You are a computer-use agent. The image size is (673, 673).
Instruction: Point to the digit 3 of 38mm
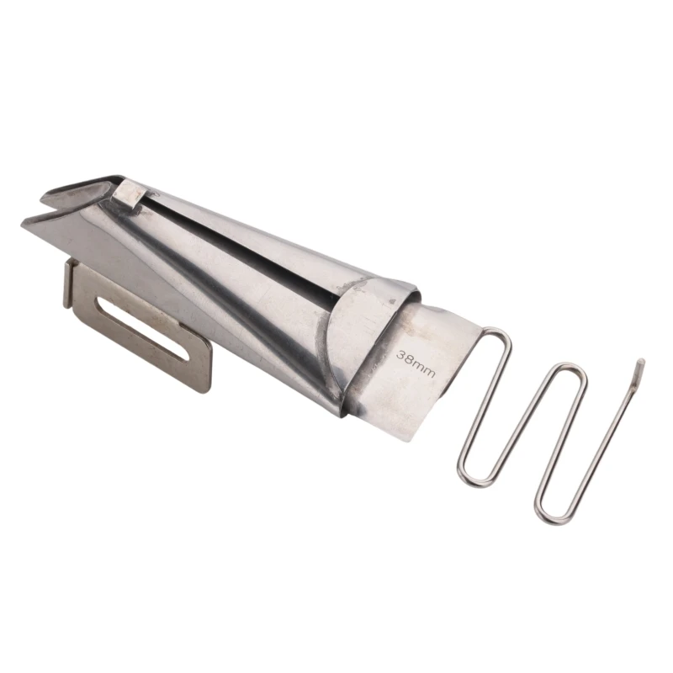click(x=401, y=355)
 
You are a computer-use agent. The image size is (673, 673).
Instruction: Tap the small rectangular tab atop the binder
click(x=131, y=193)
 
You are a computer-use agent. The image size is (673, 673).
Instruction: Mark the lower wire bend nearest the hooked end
click(x=548, y=510)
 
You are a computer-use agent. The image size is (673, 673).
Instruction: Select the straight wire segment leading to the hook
click(x=601, y=437)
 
